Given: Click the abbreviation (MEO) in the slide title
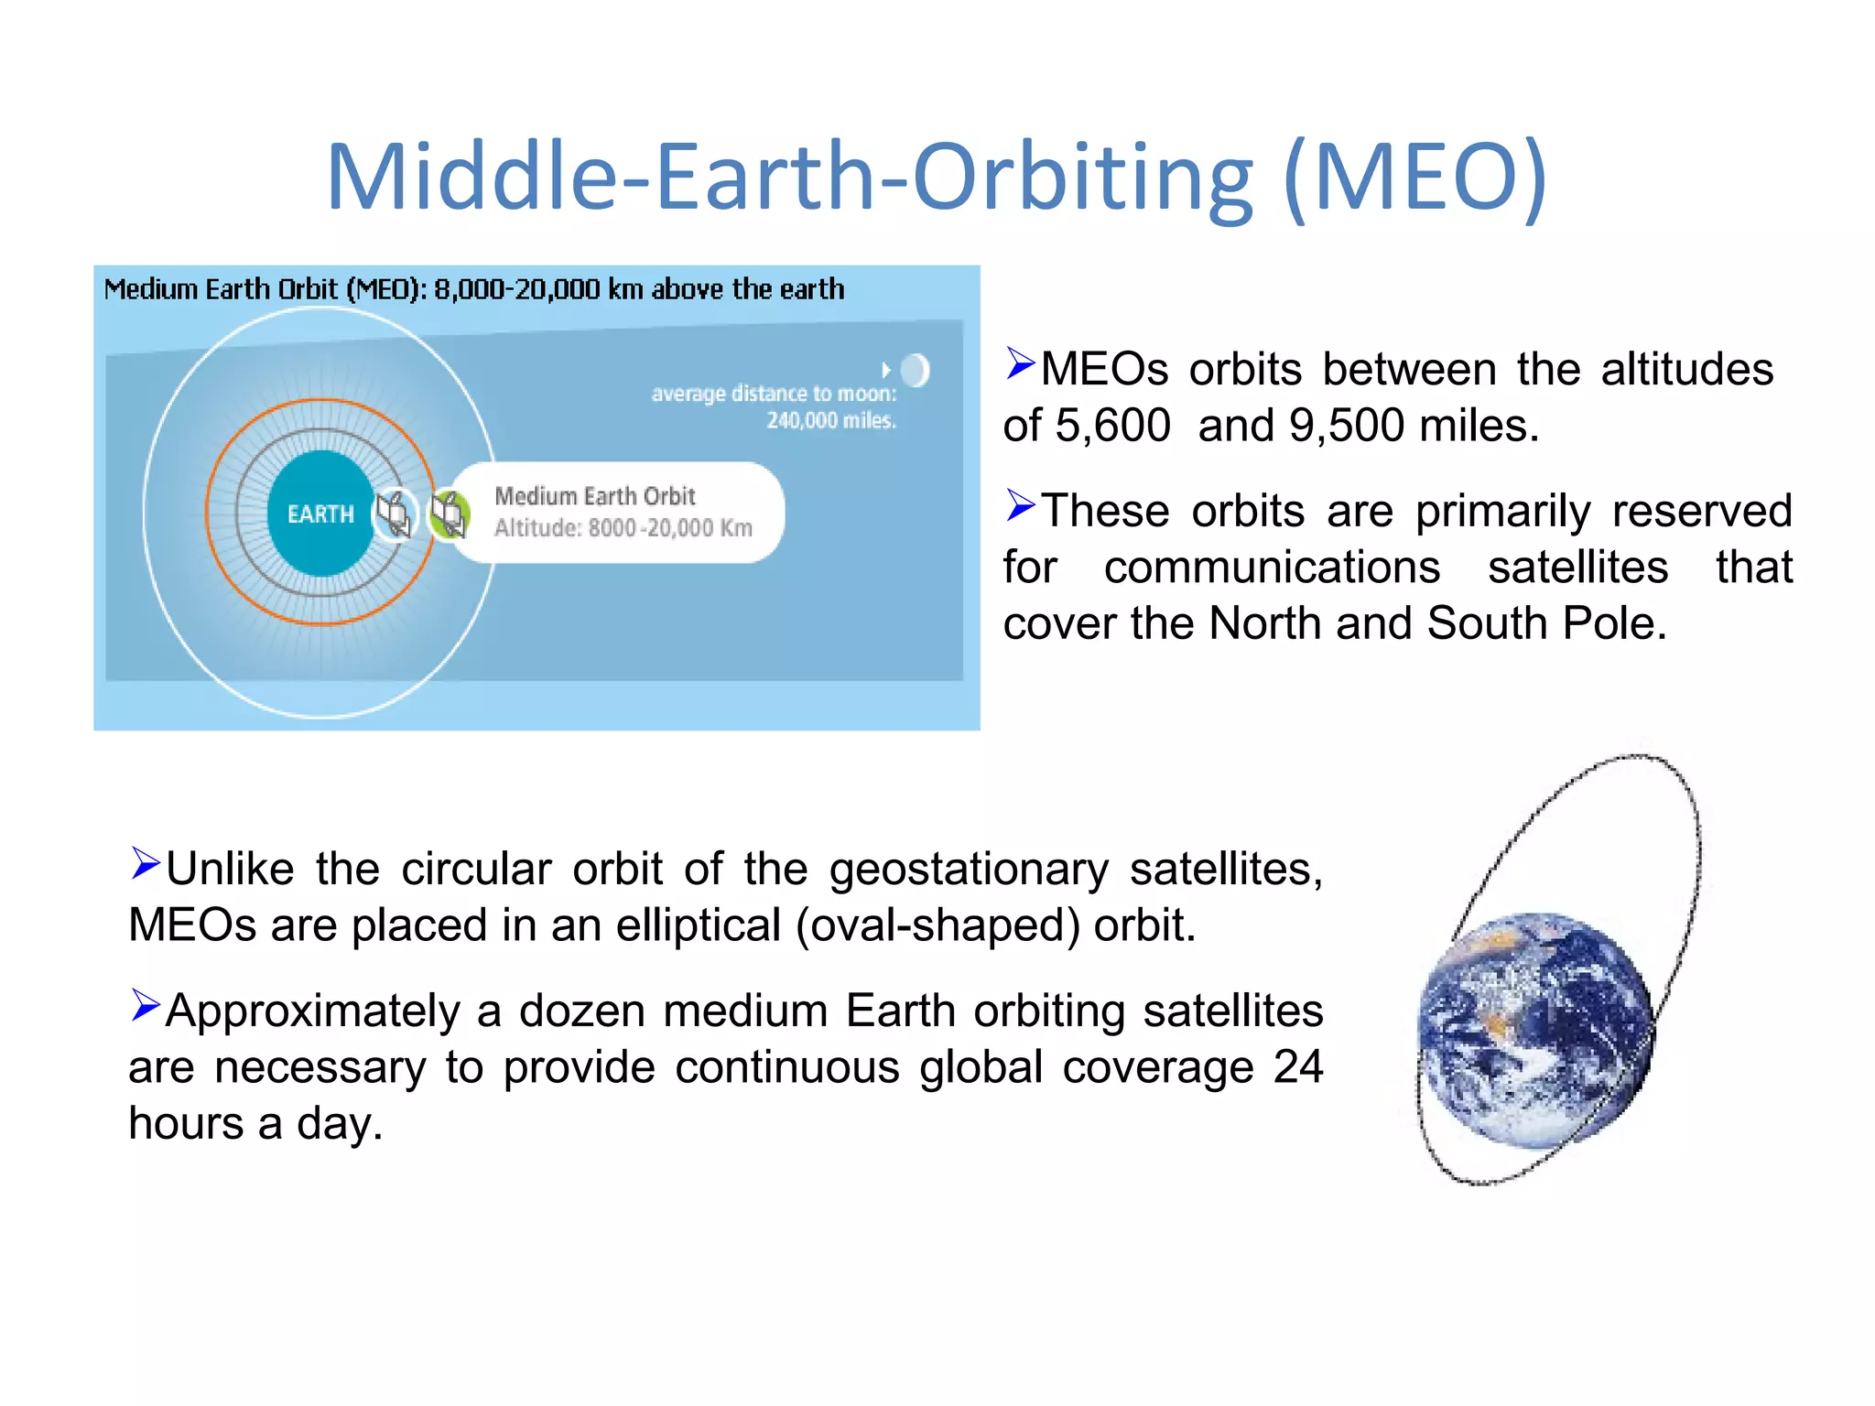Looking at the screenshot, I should [1415, 176].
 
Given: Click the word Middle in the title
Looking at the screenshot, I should [472, 176].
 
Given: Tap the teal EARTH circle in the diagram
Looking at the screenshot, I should [320, 514].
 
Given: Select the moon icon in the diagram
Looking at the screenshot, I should [915, 371].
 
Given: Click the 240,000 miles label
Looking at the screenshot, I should [831, 420].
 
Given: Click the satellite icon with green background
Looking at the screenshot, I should [450, 514].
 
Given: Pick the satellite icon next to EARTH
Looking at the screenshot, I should [395, 514].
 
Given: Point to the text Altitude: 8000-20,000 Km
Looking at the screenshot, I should [623, 528].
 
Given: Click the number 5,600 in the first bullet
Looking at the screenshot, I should [1112, 426].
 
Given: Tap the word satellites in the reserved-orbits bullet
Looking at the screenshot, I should [1577, 567].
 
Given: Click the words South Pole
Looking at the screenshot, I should [1545, 623].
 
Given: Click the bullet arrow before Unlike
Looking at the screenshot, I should [145, 863].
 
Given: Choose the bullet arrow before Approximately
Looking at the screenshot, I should [145, 1005].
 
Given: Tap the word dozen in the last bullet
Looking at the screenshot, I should [581, 1011].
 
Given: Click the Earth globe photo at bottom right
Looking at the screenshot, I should [1535, 1030].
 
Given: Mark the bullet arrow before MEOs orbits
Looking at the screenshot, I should [1020, 363].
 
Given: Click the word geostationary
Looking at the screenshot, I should [969, 869].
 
